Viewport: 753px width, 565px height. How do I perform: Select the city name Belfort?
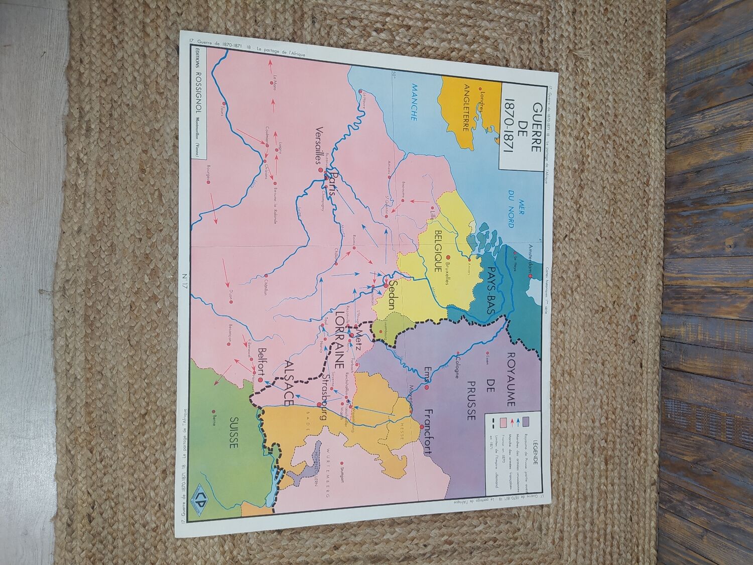(262, 361)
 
